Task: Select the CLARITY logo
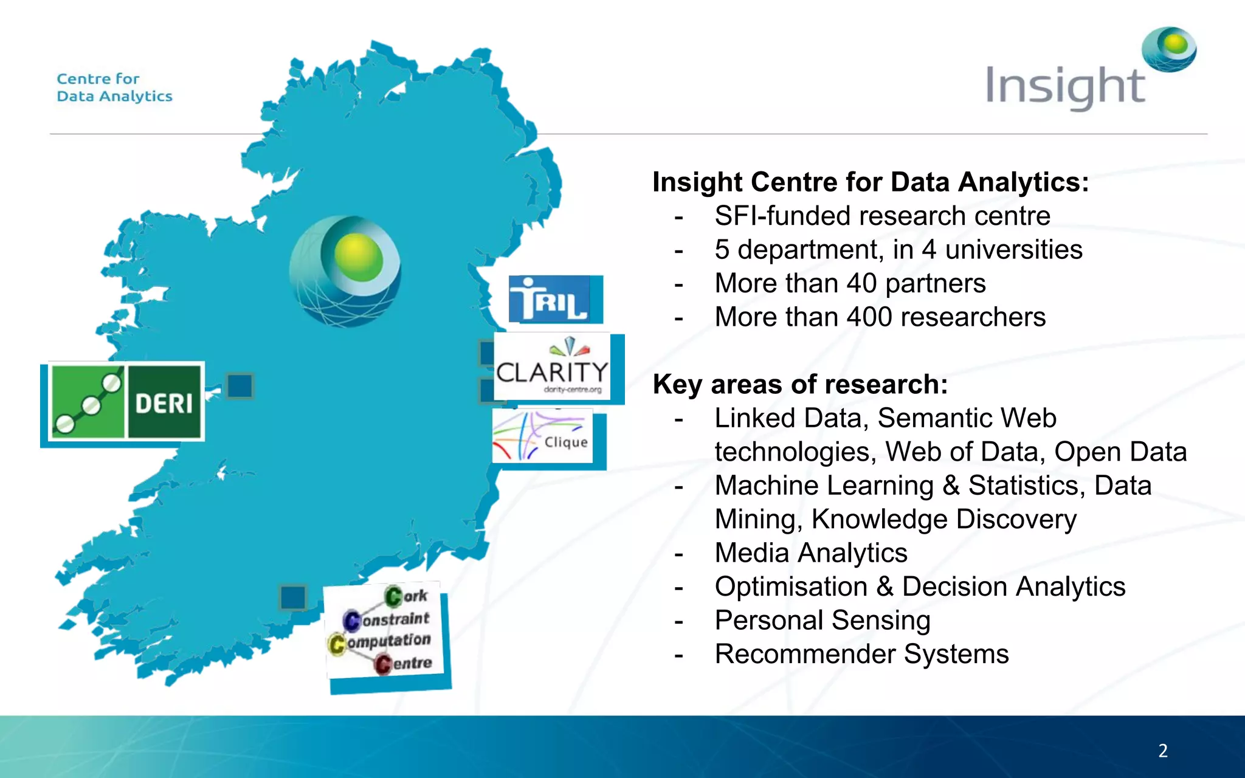552,367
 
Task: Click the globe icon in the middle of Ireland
345,271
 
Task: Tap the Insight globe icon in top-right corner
1168,49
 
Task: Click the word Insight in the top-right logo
1064,87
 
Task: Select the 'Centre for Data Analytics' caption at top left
114,88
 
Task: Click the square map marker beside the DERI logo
240,386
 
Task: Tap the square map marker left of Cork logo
293,597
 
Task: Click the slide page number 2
1163,751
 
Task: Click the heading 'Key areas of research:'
800,384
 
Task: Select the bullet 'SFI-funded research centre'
882,216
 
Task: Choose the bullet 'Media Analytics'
811,553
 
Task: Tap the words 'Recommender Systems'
861,654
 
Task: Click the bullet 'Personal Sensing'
823,621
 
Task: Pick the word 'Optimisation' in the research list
791,587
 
